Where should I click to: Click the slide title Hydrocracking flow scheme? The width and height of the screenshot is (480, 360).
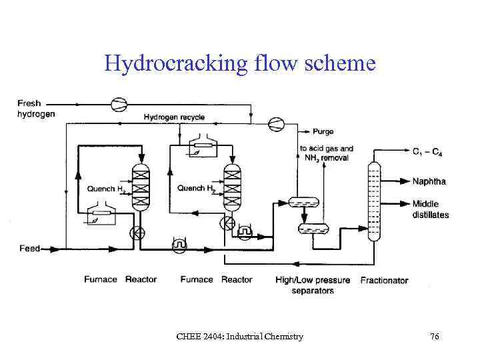240,63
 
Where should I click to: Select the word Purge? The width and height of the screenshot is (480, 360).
323,132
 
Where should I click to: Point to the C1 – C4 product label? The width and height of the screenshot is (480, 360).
427,153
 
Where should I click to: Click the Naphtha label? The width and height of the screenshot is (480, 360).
429,181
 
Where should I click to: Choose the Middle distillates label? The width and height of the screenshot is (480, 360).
430,209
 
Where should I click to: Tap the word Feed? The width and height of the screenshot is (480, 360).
29,249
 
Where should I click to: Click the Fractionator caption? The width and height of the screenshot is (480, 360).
384,280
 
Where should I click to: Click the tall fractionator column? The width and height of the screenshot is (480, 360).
374,200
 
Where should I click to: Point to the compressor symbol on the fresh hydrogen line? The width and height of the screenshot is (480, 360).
118,103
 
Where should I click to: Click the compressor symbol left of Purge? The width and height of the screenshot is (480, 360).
275,123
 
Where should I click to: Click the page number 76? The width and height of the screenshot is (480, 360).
435,337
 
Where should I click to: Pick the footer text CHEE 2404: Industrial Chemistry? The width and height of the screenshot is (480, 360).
239,337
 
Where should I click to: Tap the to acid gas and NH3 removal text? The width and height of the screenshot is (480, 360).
327,153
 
